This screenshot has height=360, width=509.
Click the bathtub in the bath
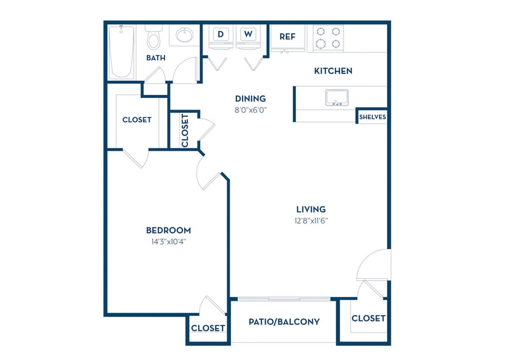pos(122,52)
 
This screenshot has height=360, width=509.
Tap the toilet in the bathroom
pos(153,37)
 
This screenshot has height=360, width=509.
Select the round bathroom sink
pos(185,35)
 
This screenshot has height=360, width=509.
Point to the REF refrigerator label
pos(287,37)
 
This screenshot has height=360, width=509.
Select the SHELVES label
pos(372,117)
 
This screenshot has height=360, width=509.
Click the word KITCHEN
pos(333,71)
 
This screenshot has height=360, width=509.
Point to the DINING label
pos(250,99)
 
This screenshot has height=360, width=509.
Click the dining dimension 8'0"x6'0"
pos(250,110)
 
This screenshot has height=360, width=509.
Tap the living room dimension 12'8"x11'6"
pos(311,220)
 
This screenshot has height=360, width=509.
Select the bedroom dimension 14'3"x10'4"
pos(168,242)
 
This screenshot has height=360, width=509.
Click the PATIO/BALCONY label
pos(284,321)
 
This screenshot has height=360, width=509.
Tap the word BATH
pos(156,58)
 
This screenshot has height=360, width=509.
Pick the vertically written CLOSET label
pos(185,130)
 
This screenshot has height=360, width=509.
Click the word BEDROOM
pos(168,231)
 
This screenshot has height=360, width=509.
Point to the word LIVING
pos(311,209)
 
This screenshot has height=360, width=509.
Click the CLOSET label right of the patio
pos(368,318)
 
